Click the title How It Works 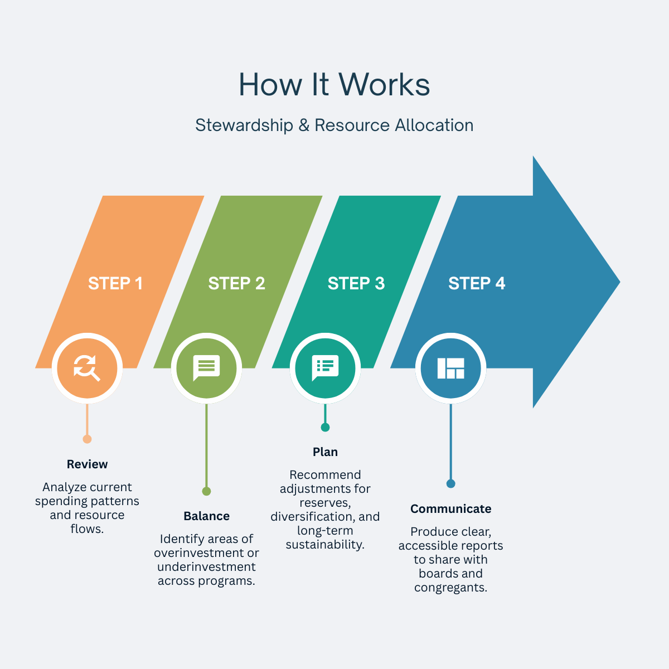click(x=334, y=85)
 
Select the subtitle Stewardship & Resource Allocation click(x=334, y=125)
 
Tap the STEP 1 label click(x=115, y=283)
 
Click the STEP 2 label click(x=236, y=283)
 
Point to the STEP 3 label click(x=356, y=283)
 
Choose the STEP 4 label click(x=477, y=283)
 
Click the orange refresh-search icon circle click(x=87, y=368)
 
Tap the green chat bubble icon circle click(x=206, y=368)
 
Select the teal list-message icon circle click(x=325, y=368)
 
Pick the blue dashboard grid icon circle click(x=450, y=368)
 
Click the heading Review click(x=87, y=464)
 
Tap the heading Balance click(x=206, y=516)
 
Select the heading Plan click(x=325, y=452)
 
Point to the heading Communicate click(x=450, y=509)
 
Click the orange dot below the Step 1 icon click(x=87, y=439)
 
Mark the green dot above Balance click(x=206, y=491)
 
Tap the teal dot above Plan click(x=325, y=427)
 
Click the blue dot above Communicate click(x=450, y=484)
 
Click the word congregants click(x=450, y=588)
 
